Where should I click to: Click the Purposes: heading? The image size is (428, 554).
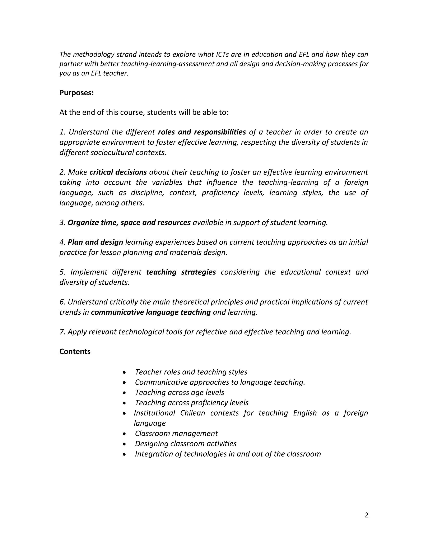click(x=76, y=93)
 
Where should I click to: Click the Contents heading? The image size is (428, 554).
click(x=75, y=352)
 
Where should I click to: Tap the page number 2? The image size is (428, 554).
click(x=366, y=515)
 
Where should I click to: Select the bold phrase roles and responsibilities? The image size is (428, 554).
click(x=202, y=132)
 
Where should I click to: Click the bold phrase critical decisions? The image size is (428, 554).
click(x=118, y=172)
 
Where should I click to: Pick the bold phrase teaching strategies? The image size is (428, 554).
click(x=181, y=272)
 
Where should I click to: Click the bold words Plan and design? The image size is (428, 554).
click(x=95, y=242)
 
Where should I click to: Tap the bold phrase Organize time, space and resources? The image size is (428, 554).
click(x=129, y=222)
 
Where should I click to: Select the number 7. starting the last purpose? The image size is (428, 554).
click(x=62, y=332)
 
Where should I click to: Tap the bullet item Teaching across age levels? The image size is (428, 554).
click(x=180, y=393)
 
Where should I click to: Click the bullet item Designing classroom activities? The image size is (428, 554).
click(x=186, y=444)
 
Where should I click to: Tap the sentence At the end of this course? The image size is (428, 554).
click(x=144, y=112)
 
